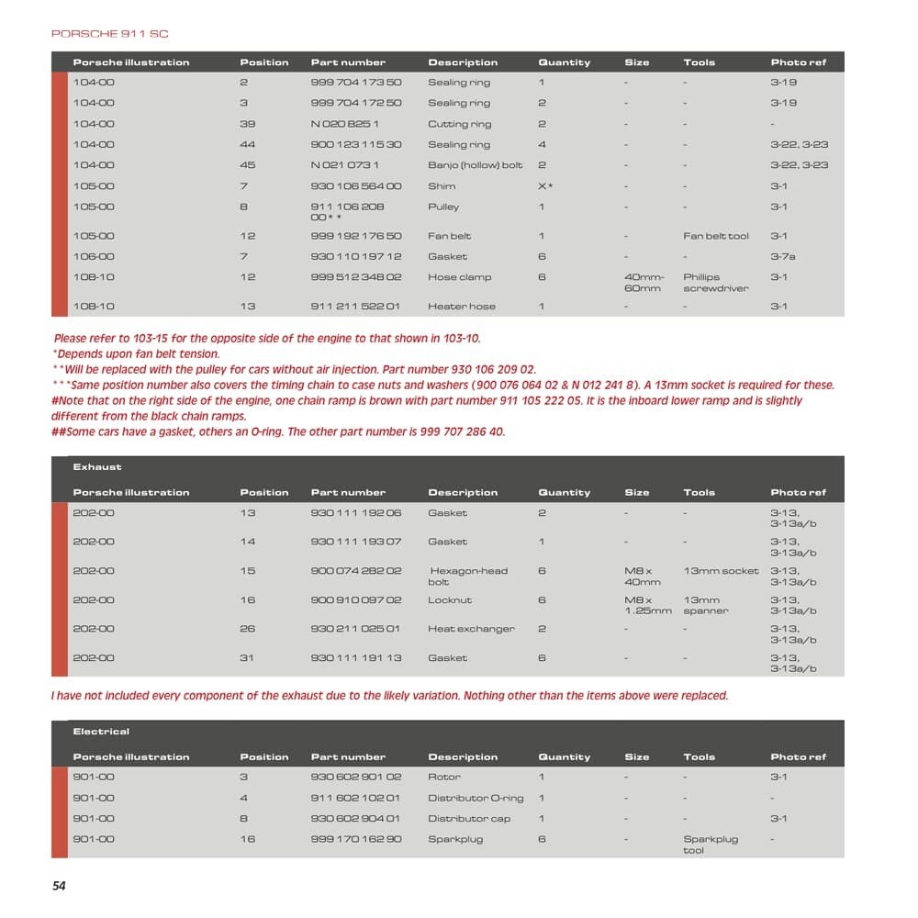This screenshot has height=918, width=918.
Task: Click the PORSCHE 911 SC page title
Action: [109, 34]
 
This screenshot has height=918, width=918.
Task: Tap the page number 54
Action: [59, 886]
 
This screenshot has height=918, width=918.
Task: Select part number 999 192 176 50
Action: [356, 236]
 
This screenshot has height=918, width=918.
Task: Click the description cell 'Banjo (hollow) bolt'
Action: [475, 165]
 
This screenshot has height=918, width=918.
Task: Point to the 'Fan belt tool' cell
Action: [716, 236]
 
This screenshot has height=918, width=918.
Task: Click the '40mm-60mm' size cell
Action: [644, 283]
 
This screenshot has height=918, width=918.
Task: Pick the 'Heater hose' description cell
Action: [461, 307]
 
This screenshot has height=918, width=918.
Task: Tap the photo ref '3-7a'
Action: [782, 257]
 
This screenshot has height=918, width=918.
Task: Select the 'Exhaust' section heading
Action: [97, 467]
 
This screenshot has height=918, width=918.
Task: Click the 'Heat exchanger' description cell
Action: [471, 629]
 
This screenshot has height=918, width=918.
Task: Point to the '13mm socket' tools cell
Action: [722, 571]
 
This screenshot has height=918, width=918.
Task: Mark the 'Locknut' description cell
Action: [450, 600]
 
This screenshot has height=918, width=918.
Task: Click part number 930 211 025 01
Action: [356, 629]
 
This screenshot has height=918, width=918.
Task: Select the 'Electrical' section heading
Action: [101, 732]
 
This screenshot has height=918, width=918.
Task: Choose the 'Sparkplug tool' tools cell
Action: [710, 845]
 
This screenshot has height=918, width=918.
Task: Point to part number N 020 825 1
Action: [345, 124]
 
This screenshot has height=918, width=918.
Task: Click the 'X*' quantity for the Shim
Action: [545, 186]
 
